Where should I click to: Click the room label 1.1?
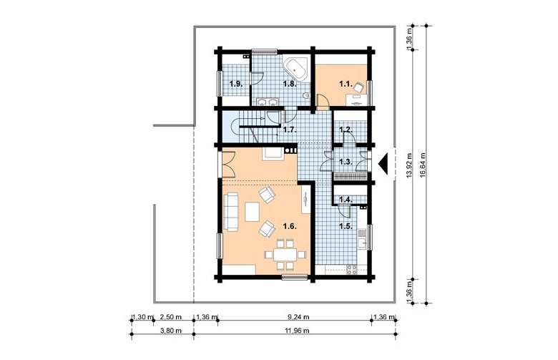pyautogui.click(x=346, y=84)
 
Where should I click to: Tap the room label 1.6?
pyautogui.click(x=290, y=225)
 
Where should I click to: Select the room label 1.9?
pyautogui.click(x=236, y=84)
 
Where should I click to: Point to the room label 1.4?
pyautogui.click(x=346, y=200)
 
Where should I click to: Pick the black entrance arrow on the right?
pyautogui.click(x=383, y=163)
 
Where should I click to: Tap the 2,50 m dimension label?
pyautogui.click(x=171, y=316)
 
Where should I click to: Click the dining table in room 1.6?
pyautogui.click(x=285, y=255)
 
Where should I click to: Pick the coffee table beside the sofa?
pyautogui.click(x=253, y=212)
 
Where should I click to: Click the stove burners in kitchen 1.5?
pyautogui.click(x=352, y=270)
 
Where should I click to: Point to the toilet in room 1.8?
pyautogui.click(x=306, y=95)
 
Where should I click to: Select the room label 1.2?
pyautogui.click(x=346, y=130)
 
